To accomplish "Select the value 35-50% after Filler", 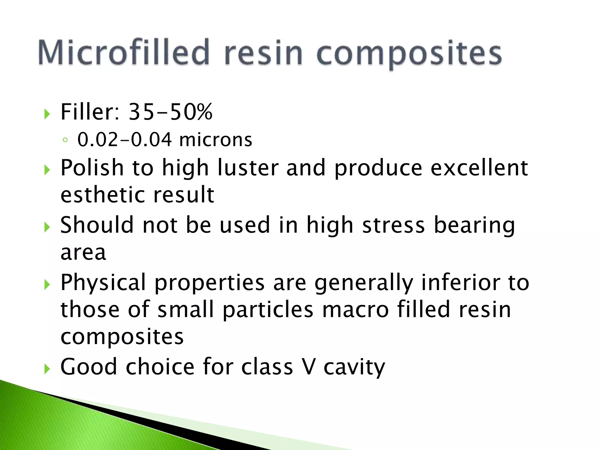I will (x=171, y=112).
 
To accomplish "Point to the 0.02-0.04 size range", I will (x=125, y=140).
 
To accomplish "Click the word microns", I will (x=216, y=140).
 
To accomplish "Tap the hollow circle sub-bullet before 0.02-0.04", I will (x=65, y=140).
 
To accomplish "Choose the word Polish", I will (x=92, y=168).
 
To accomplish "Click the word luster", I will (x=248, y=168).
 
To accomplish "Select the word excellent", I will (x=479, y=168).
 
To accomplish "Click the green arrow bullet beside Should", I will (x=47, y=227).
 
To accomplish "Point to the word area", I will (x=83, y=253).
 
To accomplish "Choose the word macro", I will (x=355, y=310).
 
